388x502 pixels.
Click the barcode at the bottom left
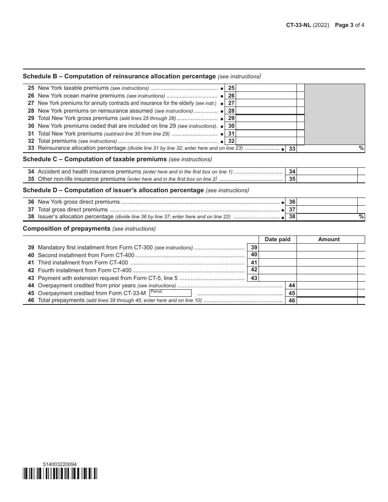[x=60, y=473]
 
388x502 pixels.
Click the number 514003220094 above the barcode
[x=60, y=464]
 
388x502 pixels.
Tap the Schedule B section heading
[x=119, y=76]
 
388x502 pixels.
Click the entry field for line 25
[x=266, y=88]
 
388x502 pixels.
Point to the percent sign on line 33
[x=361, y=148]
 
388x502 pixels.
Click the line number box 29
[x=231, y=118]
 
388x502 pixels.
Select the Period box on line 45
[x=170, y=293]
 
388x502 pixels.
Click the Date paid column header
[x=277, y=240]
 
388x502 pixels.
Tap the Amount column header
[x=329, y=240]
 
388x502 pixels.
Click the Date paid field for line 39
[x=278, y=247]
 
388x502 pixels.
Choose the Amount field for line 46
[x=327, y=301]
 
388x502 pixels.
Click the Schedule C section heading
[x=95, y=159]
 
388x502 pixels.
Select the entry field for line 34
[x=327, y=172]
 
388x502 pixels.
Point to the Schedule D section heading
[x=113, y=190]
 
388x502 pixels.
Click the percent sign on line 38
[x=361, y=217]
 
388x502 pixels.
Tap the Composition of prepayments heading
[x=67, y=229]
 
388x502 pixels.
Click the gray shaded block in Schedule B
[x=334, y=114]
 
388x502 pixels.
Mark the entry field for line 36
[x=327, y=202]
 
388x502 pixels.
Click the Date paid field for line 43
[x=278, y=278]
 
